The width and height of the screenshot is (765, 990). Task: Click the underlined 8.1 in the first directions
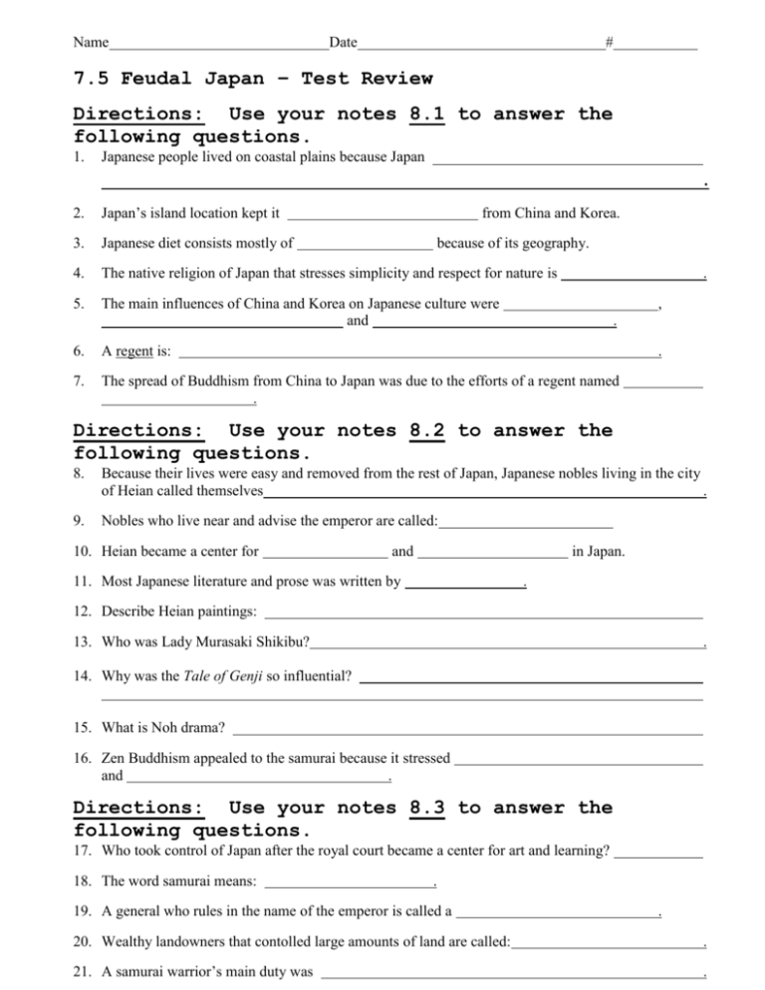[426, 115]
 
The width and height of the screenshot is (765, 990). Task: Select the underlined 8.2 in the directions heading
[426, 431]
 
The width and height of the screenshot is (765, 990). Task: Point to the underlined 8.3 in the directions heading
[426, 808]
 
